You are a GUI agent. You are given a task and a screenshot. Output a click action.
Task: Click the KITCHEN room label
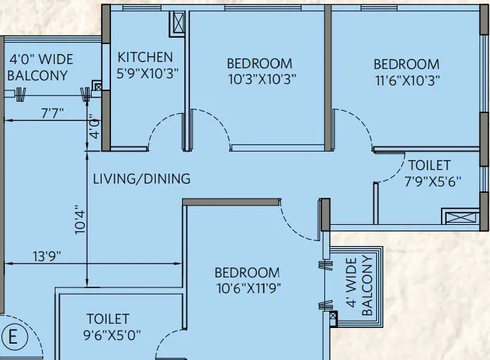(x=145, y=57)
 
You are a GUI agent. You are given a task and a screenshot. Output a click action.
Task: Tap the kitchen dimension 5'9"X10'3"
(x=147, y=73)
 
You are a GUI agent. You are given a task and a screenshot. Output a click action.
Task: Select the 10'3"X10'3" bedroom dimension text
(x=259, y=79)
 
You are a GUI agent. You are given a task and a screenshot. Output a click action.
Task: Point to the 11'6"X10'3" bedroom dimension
(x=406, y=80)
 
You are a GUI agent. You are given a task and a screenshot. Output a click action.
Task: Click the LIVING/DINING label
(x=142, y=179)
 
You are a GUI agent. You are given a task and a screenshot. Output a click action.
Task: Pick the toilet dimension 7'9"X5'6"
(x=432, y=181)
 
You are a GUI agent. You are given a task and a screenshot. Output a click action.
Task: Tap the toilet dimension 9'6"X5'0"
(x=108, y=335)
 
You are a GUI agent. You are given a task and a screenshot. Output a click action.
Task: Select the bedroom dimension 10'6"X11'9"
(x=247, y=289)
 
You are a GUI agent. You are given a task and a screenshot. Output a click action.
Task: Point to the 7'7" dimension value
(x=52, y=112)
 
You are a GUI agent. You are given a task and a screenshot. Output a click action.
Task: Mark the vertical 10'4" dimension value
(x=80, y=220)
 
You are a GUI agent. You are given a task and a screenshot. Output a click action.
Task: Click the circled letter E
(x=12, y=337)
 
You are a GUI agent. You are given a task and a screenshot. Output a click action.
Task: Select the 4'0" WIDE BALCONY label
(x=38, y=68)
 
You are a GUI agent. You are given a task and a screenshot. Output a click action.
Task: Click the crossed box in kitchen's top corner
(x=177, y=24)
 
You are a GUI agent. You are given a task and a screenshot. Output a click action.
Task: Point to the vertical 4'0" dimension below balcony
(x=92, y=130)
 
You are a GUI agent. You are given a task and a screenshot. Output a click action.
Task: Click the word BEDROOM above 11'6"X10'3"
(x=406, y=65)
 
